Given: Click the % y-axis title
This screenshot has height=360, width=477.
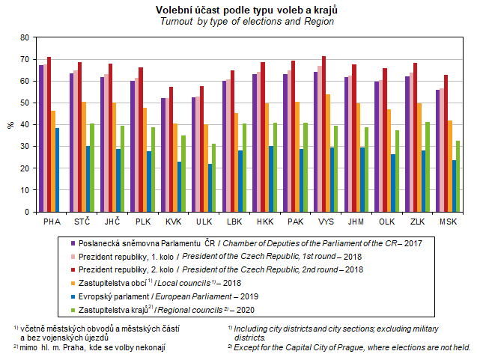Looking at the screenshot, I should (x=10, y=125).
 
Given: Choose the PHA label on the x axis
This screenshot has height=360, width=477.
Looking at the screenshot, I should (x=52, y=222).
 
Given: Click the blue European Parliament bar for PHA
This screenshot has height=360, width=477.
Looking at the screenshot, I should (x=58, y=170).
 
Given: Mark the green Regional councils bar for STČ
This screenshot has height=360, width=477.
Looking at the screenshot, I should (x=91, y=168).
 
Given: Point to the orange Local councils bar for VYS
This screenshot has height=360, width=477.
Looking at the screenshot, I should (x=327, y=153).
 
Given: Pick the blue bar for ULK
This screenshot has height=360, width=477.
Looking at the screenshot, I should (x=210, y=188).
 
